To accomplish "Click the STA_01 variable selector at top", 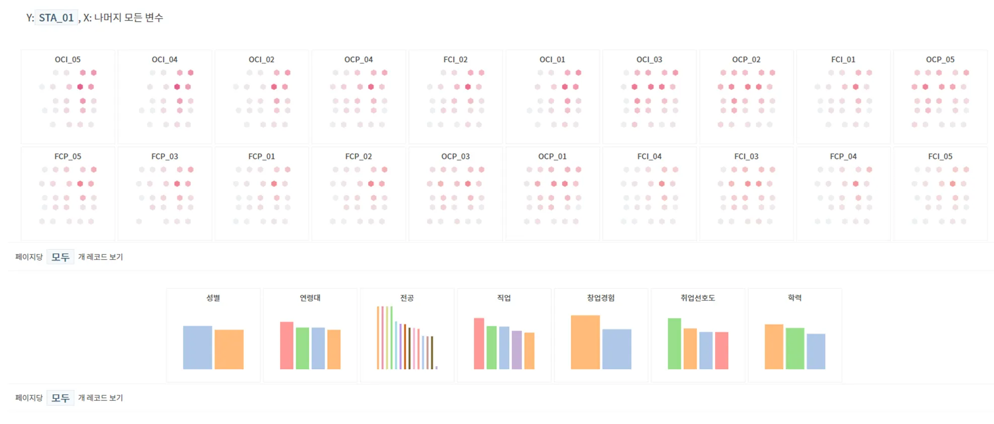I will [56, 18].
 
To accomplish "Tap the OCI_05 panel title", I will [67, 59].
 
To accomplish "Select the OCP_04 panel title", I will [359, 59].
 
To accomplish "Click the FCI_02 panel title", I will [455, 59].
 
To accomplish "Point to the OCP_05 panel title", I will [940, 59].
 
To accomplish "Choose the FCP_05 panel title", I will [67, 156].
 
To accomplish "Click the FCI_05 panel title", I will [940, 156].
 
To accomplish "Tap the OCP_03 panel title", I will [455, 156].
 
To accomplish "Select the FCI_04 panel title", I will [649, 156].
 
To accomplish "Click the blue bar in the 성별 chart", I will [197, 348].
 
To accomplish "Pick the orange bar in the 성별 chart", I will [229, 350].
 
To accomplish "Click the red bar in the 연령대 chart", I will [287, 346].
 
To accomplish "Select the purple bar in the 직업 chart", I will [517, 350].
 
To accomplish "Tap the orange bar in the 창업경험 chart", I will [585, 342].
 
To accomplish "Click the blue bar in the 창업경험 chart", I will [616, 349].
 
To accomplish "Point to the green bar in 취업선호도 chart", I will [674, 344].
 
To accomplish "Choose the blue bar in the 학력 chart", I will [816, 352].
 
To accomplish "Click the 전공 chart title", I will [407, 298].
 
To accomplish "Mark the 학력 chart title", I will [795, 298].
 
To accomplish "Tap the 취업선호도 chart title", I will [697, 298].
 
